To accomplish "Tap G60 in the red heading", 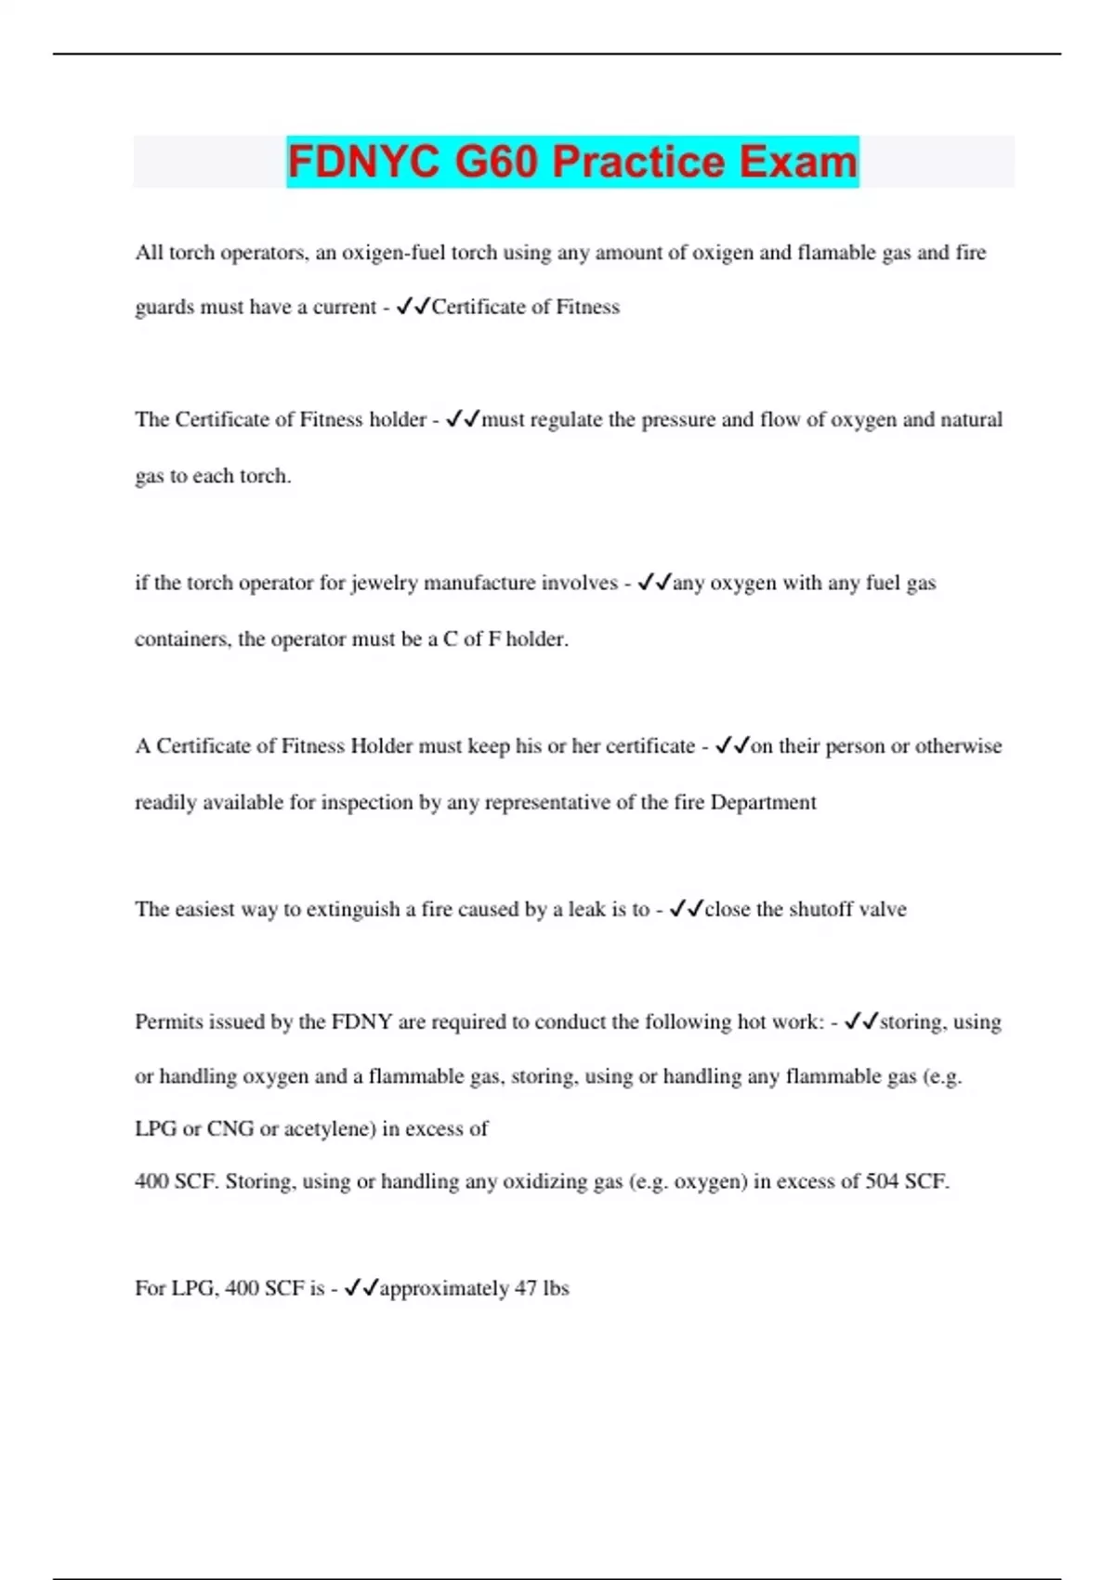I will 496,162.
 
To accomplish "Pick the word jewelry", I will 384,584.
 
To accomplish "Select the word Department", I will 763,803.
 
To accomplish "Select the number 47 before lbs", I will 526,1289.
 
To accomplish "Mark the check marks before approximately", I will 361,1289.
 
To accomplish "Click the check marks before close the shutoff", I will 686,910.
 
